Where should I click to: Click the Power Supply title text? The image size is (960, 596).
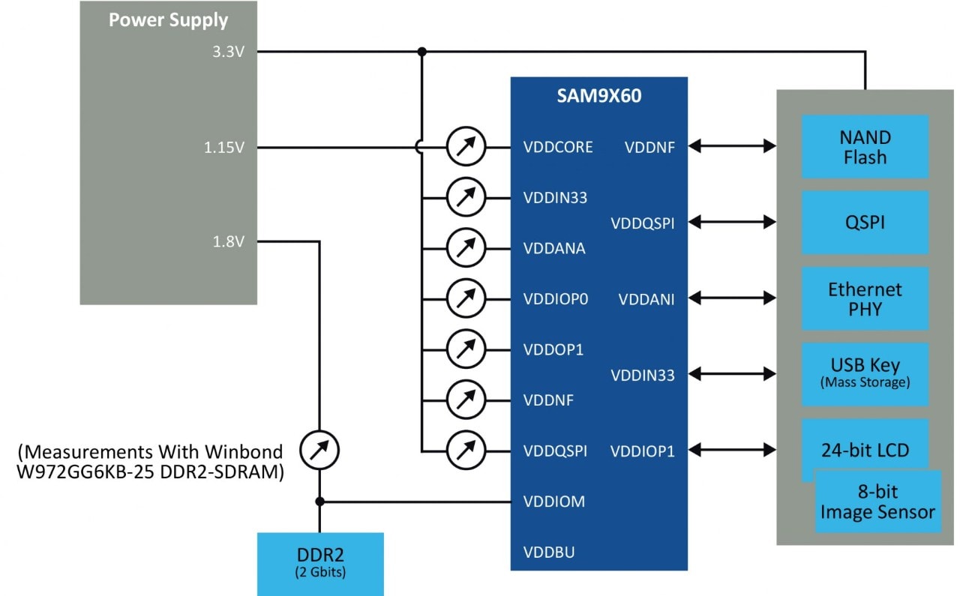(x=168, y=20)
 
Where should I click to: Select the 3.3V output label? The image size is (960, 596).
(x=229, y=52)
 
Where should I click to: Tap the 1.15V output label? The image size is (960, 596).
(x=224, y=147)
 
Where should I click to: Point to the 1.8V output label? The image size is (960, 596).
(x=229, y=241)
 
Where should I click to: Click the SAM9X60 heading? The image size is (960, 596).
(x=598, y=97)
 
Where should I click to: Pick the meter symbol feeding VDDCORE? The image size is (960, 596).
(x=466, y=147)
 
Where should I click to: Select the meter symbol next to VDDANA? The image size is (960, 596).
(x=466, y=249)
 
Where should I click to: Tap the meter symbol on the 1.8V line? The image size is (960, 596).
(x=319, y=451)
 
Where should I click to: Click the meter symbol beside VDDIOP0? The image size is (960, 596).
(x=466, y=299)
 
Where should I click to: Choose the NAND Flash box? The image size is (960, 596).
(x=865, y=147)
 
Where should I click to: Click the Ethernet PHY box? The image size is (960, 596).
(x=865, y=299)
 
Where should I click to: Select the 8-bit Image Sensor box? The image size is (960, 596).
(x=877, y=502)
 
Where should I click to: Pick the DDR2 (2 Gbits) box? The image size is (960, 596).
(x=320, y=563)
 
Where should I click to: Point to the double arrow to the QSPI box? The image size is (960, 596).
(x=732, y=222)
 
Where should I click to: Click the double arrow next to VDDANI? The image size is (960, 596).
(x=732, y=298)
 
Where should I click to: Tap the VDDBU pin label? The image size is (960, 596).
(x=549, y=553)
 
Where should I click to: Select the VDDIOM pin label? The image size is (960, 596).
(x=553, y=502)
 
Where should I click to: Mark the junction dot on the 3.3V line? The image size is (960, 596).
(x=422, y=52)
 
